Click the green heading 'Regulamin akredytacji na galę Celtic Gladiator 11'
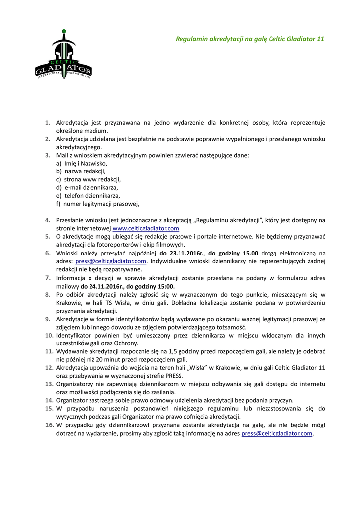[250, 38]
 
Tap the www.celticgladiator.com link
[146, 228]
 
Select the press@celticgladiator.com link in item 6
[111, 261]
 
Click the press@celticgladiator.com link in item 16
[277, 433]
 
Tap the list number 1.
[48, 122]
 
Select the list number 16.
[49, 425]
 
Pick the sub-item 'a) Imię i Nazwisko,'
[82, 163]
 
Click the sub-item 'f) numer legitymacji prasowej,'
[98, 204]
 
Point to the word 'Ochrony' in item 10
[126, 343]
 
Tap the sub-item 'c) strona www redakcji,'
[89, 179]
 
